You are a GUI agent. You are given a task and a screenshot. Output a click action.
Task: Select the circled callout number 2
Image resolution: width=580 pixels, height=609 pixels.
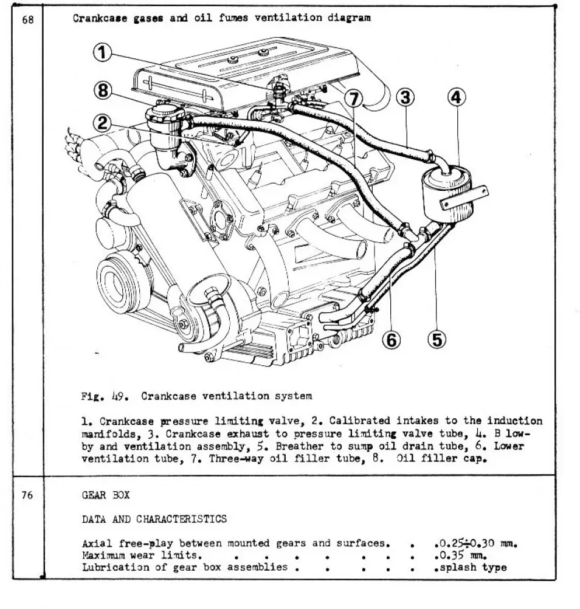coord(103,123)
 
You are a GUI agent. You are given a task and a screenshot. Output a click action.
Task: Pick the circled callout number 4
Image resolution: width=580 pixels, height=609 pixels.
coord(458,97)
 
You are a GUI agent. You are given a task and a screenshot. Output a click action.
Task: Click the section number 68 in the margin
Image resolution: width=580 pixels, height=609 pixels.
coord(27,19)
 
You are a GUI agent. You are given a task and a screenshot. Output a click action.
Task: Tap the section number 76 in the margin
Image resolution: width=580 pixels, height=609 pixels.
coord(27,495)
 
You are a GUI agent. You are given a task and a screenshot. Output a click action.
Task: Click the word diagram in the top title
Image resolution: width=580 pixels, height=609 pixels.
coord(350,18)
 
